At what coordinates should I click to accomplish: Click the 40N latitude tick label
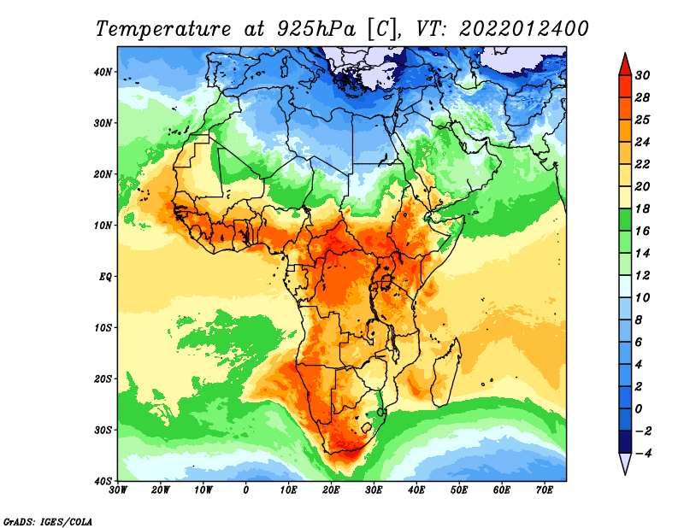(x=103, y=72)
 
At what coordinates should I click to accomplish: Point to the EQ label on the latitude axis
(x=105, y=277)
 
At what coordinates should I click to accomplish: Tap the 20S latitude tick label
(x=103, y=378)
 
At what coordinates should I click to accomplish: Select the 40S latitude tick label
(x=103, y=481)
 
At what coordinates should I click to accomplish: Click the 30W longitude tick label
(x=118, y=490)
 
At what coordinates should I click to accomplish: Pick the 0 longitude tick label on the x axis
(x=246, y=490)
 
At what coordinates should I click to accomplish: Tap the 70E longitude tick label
(x=545, y=490)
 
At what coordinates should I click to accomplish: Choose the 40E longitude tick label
(x=416, y=490)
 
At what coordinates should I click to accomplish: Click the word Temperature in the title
(x=163, y=29)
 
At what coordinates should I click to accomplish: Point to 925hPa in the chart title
(x=316, y=29)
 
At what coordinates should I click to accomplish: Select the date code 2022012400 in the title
(x=523, y=29)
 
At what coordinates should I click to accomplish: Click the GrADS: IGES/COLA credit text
(x=48, y=521)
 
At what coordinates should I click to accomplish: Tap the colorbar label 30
(x=642, y=75)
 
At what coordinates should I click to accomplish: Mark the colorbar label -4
(x=641, y=454)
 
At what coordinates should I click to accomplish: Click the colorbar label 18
(x=642, y=208)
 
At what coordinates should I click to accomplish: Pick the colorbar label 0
(x=639, y=409)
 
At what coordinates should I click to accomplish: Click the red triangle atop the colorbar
(x=625, y=67)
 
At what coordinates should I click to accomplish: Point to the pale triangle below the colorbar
(x=625, y=462)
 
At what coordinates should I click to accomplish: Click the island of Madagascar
(x=445, y=373)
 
